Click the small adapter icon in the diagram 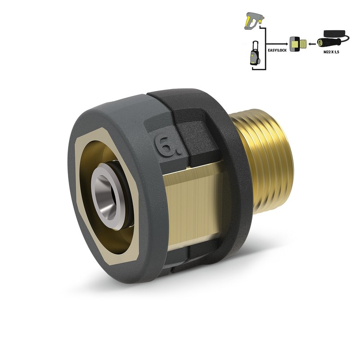[x=297, y=44]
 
